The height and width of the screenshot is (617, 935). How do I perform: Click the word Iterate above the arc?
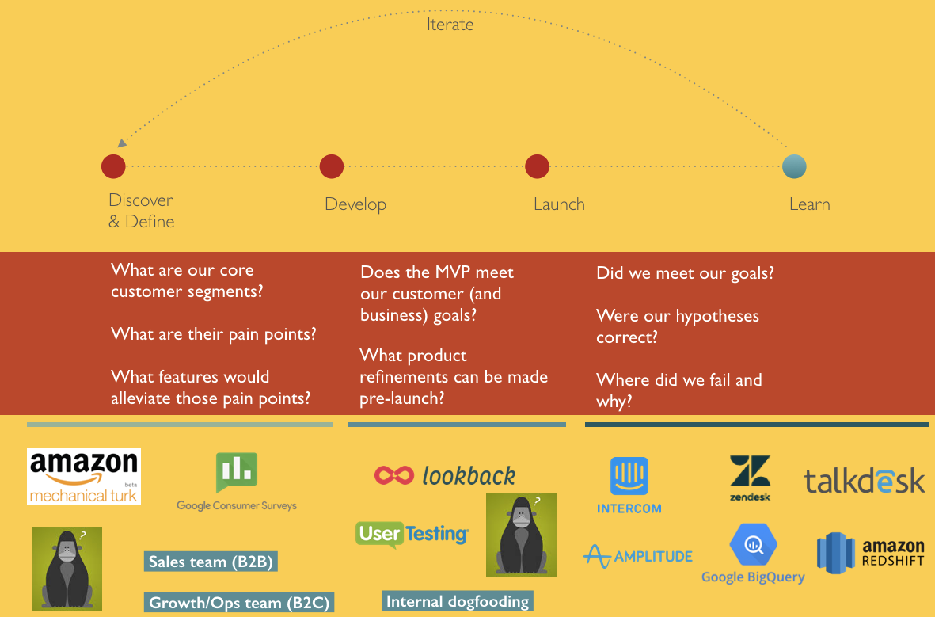(x=450, y=25)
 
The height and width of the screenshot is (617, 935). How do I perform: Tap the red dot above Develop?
(x=332, y=166)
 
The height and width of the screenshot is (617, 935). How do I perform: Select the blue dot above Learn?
(x=794, y=166)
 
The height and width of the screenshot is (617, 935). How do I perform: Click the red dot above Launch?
(x=537, y=166)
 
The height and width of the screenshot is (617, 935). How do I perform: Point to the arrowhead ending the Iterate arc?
(x=121, y=143)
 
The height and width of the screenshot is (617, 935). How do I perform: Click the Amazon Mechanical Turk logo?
(x=84, y=476)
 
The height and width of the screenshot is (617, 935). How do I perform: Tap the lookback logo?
(x=445, y=475)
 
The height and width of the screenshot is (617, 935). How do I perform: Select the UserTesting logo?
(x=412, y=534)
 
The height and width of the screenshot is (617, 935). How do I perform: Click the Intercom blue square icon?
(x=629, y=476)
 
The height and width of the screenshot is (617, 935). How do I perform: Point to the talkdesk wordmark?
(x=865, y=480)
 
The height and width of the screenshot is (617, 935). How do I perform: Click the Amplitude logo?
(x=638, y=556)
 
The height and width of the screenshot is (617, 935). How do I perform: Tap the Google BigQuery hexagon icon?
(x=753, y=545)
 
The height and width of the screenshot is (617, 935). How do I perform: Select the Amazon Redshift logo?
(x=871, y=553)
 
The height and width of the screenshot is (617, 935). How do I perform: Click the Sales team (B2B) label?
(x=211, y=562)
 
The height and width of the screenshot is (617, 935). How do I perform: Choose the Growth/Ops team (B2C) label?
(x=238, y=602)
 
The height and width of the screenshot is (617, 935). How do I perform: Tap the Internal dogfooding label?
(x=457, y=601)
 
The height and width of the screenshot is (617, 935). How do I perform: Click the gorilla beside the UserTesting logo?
(x=521, y=535)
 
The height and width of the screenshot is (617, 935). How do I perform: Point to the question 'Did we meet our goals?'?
(x=685, y=273)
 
